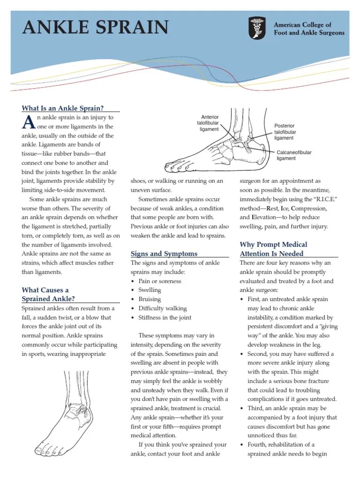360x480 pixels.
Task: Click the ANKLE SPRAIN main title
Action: pos(96,27)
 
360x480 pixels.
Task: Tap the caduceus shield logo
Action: pos(257,28)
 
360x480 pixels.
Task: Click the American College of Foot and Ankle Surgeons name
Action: pos(308,29)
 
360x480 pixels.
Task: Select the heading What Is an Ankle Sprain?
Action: pos(63,108)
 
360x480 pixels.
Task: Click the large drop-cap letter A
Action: pos(28,122)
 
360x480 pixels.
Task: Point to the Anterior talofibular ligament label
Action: pos(209,123)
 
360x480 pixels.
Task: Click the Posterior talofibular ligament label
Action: pos(285,132)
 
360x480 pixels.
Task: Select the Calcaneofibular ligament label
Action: pos(293,156)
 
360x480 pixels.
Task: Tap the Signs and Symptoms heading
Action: pos(164,254)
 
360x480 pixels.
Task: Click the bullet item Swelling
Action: pos(150,290)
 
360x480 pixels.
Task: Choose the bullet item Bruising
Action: pos(150,299)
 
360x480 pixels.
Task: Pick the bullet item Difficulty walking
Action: pos(162,308)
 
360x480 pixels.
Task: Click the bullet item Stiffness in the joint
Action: pos(165,317)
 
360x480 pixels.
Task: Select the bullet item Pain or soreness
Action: pos(159,281)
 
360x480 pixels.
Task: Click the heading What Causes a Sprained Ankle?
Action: pos(48,294)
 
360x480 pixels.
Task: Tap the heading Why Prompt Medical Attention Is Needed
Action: pos(273,249)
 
